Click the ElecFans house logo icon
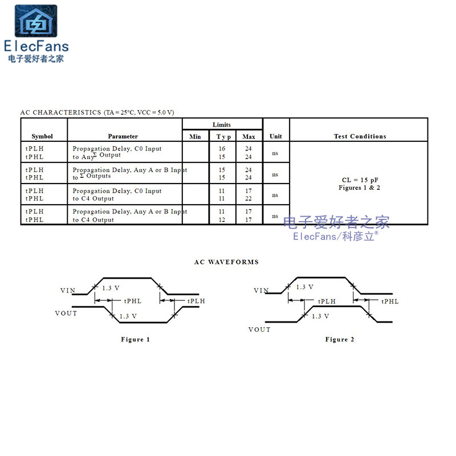coord(36,21)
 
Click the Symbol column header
coord(42,136)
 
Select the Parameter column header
coord(123,136)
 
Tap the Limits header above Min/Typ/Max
coord(222,125)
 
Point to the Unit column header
coord(276,136)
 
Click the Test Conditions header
coord(360,136)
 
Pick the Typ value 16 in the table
coord(222,149)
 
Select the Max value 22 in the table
coord(249,198)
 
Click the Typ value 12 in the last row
coord(222,220)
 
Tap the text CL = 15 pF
coord(360,180)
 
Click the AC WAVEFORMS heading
coord(226,262)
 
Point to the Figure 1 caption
coord(135,339)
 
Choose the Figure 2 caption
coord(340,339)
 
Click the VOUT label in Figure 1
coord(66,313)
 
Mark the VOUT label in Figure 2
coord(259,329)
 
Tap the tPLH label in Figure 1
coord(196,301)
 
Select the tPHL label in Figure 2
coord(390,302)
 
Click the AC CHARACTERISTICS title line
coord(97,112)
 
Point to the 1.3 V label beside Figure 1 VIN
coord(111,288)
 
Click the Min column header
coord(195,137)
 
